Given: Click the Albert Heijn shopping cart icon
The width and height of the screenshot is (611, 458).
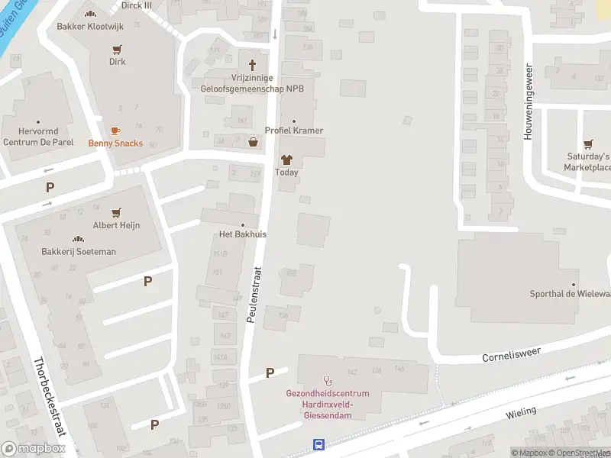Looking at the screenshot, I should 116,213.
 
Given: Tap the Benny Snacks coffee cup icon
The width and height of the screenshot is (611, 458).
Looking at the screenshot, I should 115,131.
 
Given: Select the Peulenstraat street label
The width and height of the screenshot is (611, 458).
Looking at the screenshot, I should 254,294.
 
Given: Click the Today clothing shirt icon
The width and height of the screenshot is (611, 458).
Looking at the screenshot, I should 286,160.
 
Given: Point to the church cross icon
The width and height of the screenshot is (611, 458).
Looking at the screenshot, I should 253,65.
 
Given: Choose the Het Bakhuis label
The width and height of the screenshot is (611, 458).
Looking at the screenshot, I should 243,234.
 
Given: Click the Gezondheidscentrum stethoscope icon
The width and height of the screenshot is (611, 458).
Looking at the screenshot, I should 328,380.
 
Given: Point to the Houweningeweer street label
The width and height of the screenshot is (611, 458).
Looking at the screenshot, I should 527,102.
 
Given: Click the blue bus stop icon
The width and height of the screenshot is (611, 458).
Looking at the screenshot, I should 318,444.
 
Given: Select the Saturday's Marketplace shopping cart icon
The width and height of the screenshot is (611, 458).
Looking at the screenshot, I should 587,144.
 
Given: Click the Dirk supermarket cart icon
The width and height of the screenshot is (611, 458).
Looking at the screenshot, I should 117,50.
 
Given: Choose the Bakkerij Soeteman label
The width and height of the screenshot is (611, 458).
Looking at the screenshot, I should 79,251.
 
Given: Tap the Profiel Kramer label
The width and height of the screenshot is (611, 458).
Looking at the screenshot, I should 293,131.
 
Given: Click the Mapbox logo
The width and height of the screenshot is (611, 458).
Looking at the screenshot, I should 34,449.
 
